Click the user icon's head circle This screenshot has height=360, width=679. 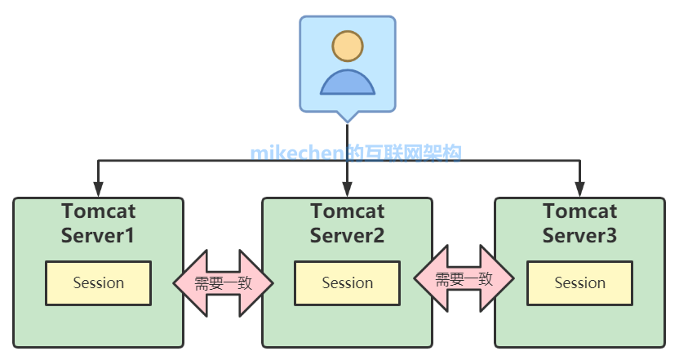click(348, 47)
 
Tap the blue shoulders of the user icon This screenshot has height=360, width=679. click(348, 82)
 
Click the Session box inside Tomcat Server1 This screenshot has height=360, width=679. click(99, 283)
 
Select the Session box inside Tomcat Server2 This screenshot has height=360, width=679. click(348, 283)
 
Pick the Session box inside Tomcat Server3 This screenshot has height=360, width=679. click(580, 283)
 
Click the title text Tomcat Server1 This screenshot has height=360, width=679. click(99, 224)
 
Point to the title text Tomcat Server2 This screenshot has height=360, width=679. click(348, 224)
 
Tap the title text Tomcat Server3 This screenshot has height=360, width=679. click(580, 224)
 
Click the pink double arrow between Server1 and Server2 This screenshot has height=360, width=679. click(223, 282)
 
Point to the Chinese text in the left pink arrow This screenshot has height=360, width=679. click(223, 282)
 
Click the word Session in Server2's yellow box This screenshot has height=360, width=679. click(348, 283)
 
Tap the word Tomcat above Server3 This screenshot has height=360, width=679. click(580, 211)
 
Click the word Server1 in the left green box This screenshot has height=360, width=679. click(99, 236)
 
